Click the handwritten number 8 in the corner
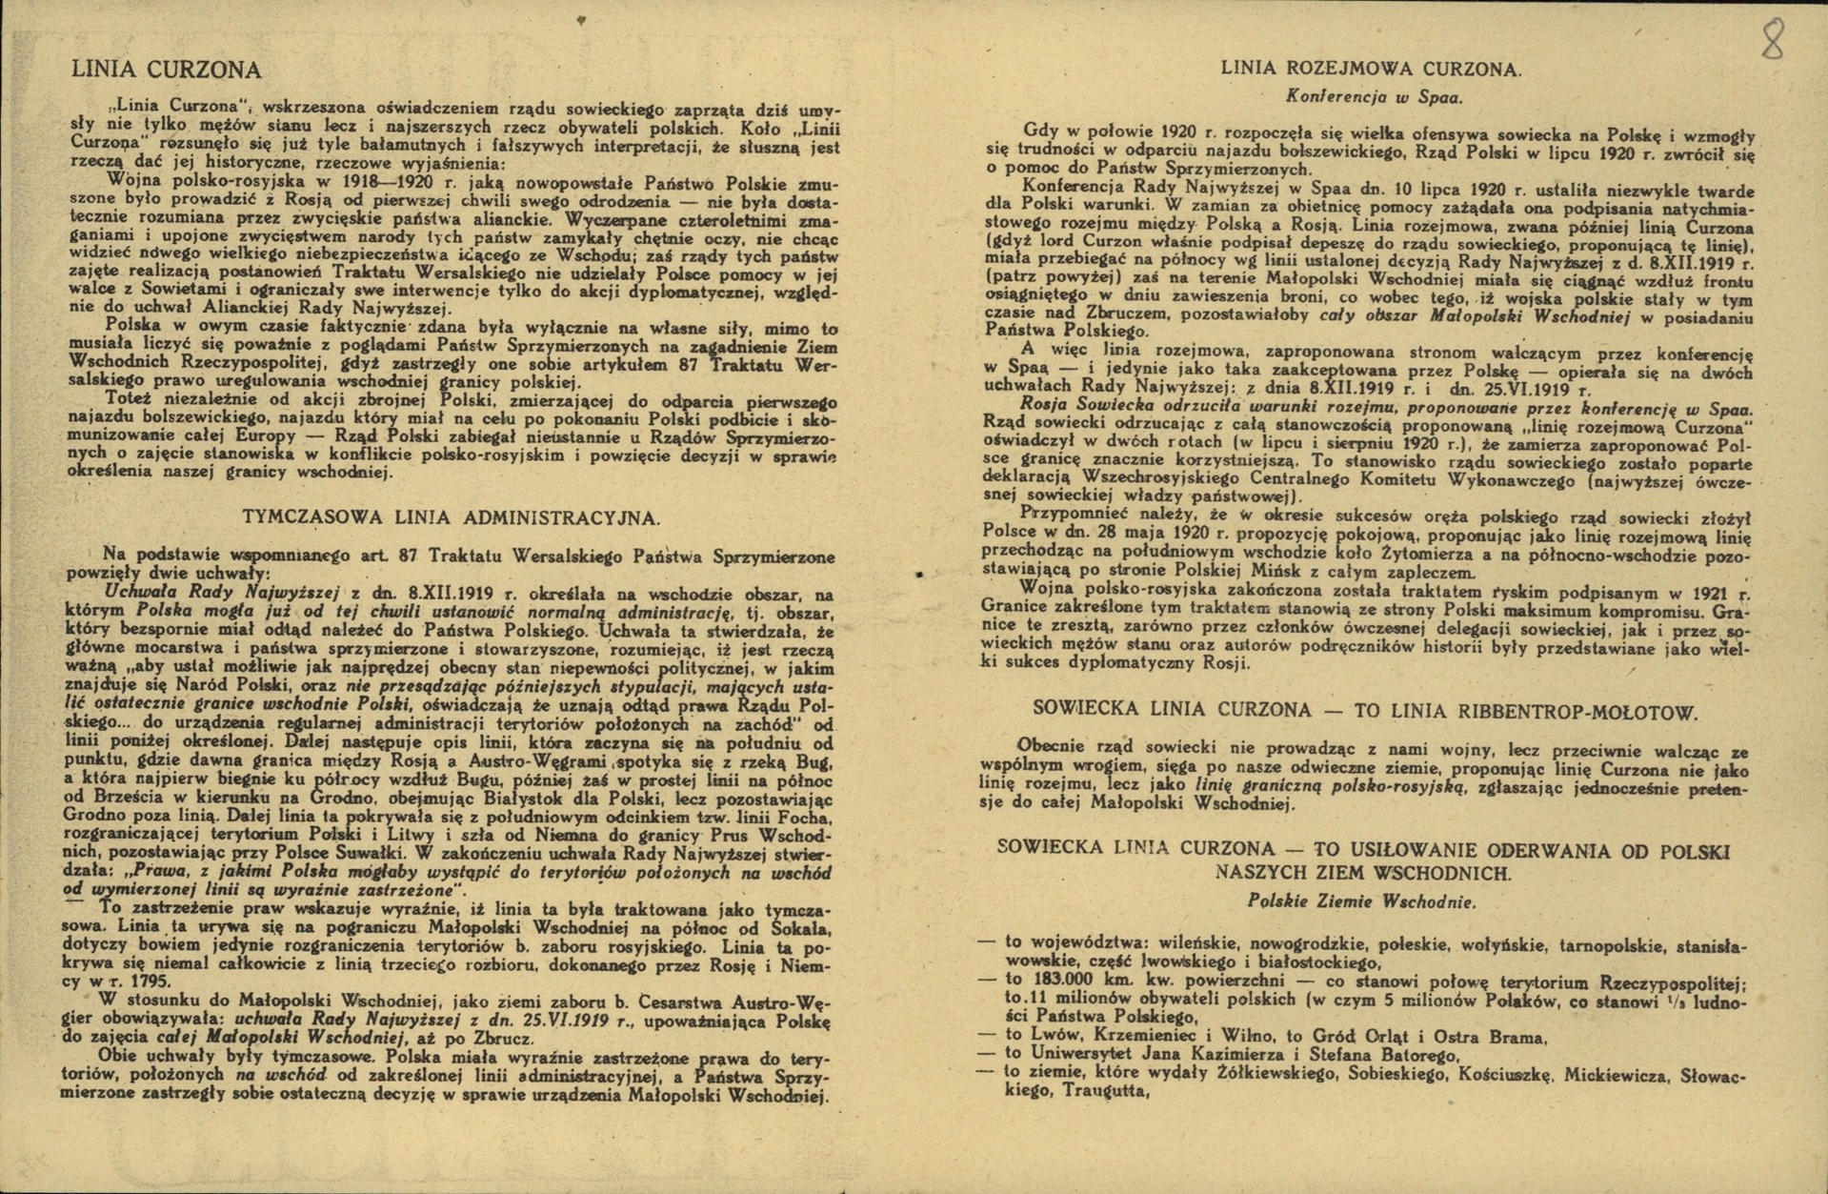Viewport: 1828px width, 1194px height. [1772, 40]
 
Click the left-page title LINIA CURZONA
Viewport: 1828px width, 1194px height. [166, 70]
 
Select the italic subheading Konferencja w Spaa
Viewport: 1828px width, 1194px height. [1374, 96]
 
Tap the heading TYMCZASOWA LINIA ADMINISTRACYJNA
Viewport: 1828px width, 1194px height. [451, 517]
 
